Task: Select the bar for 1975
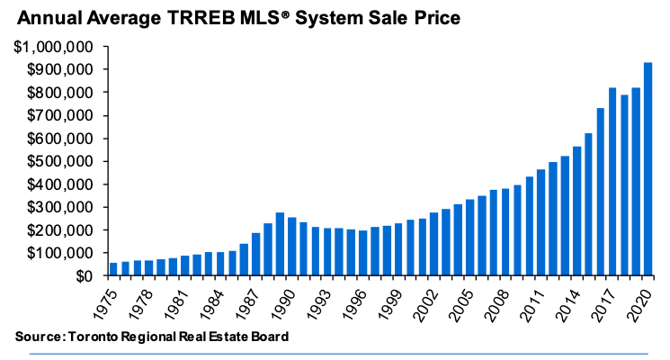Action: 113,269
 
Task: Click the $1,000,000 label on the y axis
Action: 55,47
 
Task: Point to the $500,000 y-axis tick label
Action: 60,162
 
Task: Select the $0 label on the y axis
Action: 86,276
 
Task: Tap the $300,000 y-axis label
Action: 60,208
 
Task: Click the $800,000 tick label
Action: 60,93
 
